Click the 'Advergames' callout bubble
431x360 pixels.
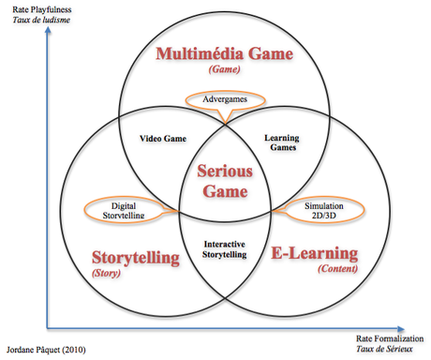[223, 99]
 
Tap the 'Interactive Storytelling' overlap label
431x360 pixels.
[224, 247]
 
